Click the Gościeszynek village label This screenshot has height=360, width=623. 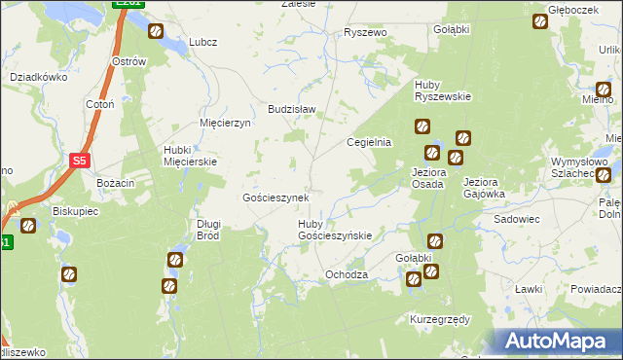[275, 198]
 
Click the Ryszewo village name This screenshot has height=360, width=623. [366, 32]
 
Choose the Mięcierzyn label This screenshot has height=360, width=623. [225, 124]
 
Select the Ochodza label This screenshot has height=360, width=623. [347, 274]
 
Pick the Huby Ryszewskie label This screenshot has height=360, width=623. [443, 90]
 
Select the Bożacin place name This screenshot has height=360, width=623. [114, 182]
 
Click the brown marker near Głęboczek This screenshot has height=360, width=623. [541, 21]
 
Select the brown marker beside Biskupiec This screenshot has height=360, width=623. [28, 225]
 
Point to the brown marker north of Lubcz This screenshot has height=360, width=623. [156, 31]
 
